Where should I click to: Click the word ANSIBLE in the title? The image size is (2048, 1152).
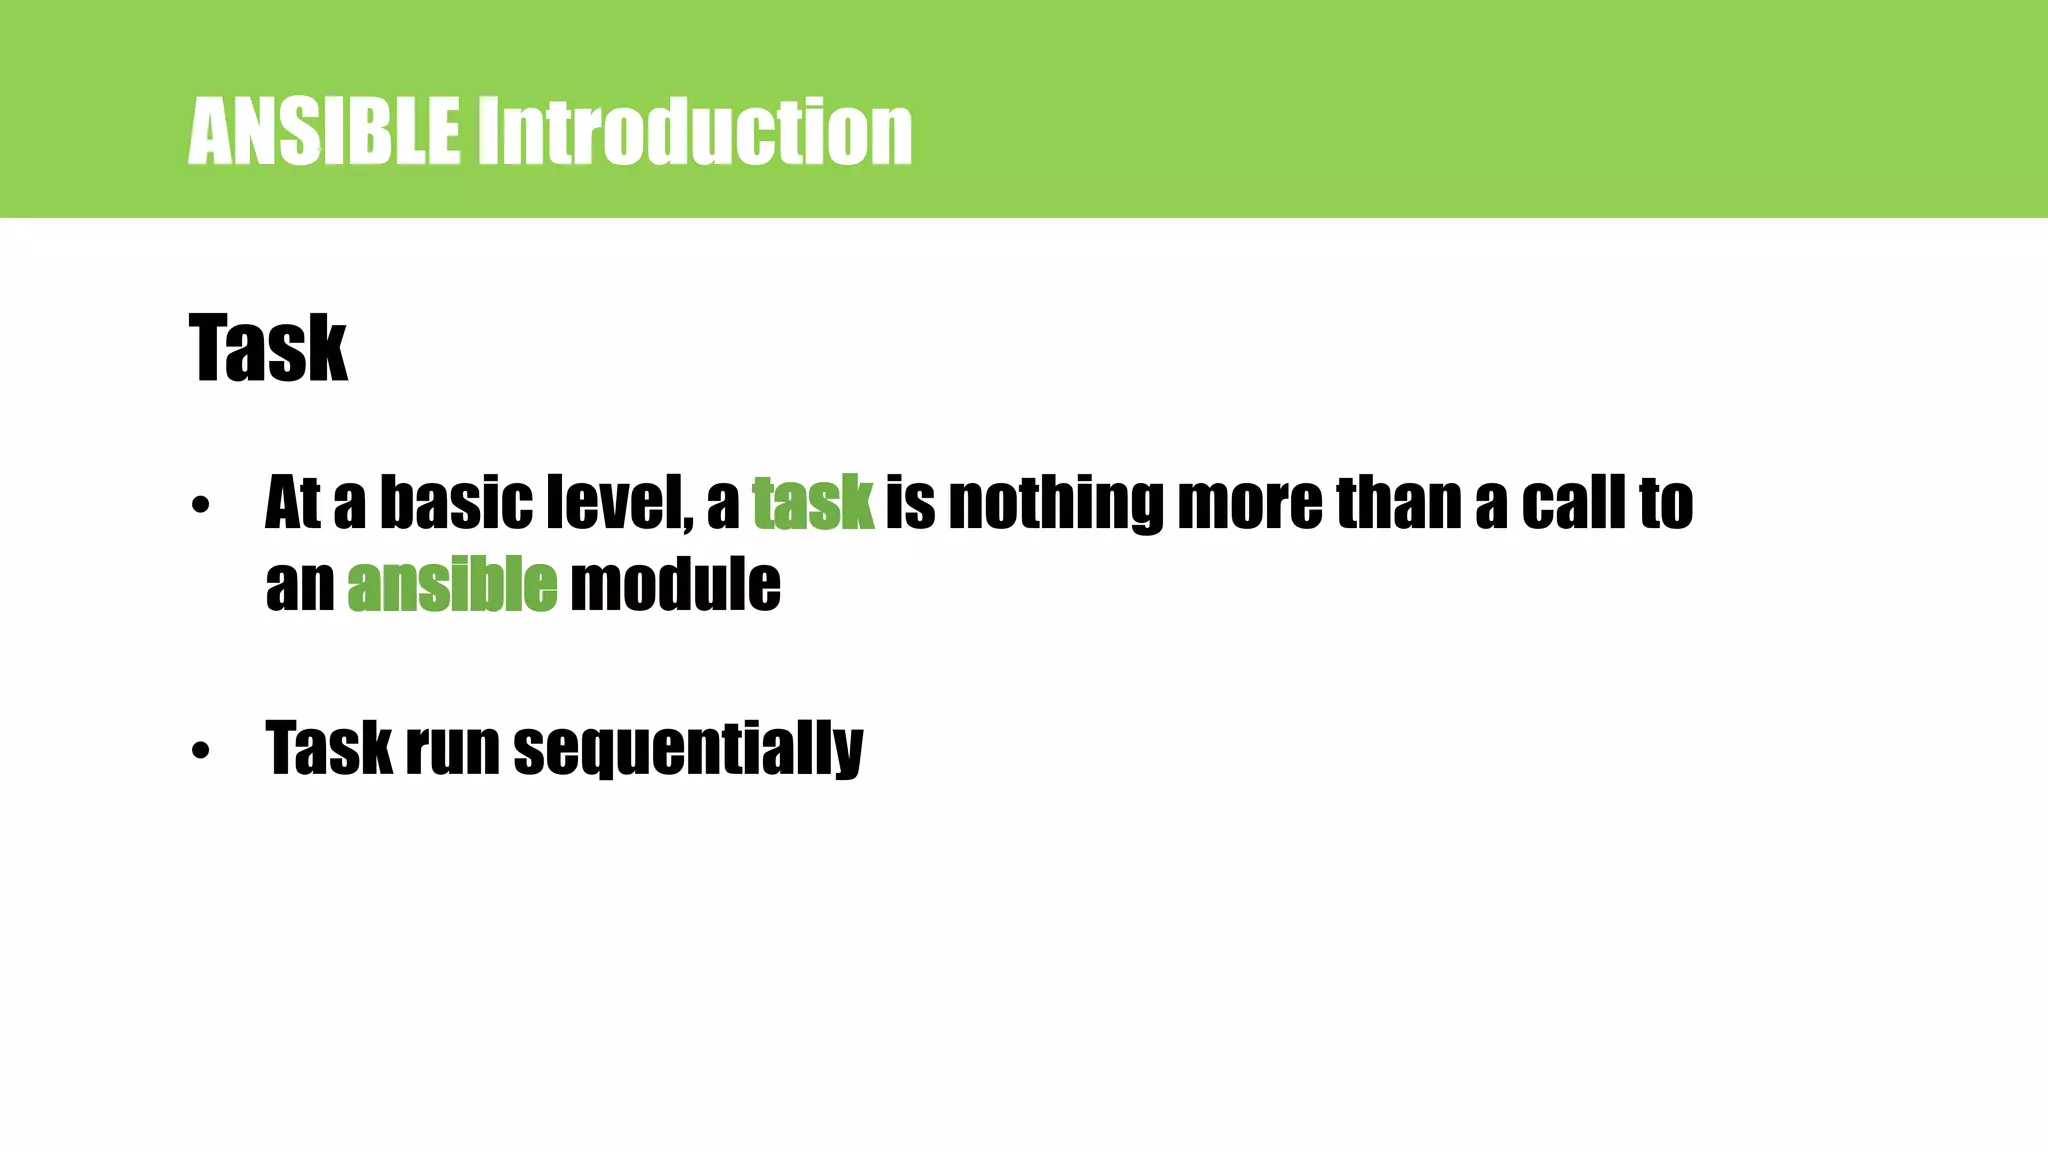click(x=324, y=131)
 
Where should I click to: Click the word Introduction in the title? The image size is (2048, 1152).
click(x=694, y=131)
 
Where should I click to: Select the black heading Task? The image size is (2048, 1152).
click(x=268, y=348)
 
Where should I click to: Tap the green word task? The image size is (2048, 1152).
click(x=813, y=503)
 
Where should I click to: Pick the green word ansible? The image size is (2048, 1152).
click(x=452, y=586)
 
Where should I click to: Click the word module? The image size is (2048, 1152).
click(x=675, y=586)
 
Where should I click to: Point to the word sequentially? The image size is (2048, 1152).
click(x=688, y=750)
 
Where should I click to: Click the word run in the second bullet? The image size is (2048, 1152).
click(x=452, y=750)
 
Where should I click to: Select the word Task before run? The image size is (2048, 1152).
click(x=329, y=750)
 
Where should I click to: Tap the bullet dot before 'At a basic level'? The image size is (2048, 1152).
click(x=201, y=506)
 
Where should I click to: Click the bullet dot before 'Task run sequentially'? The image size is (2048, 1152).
click(x=201, y=750)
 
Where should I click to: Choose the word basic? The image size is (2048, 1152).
click(x=456, y=503)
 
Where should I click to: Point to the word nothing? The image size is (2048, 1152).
click(x=1056, y=503)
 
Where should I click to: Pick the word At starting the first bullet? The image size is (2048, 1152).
click(x=293, y=503)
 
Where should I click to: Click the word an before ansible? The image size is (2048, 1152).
click(x=300, y=586)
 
